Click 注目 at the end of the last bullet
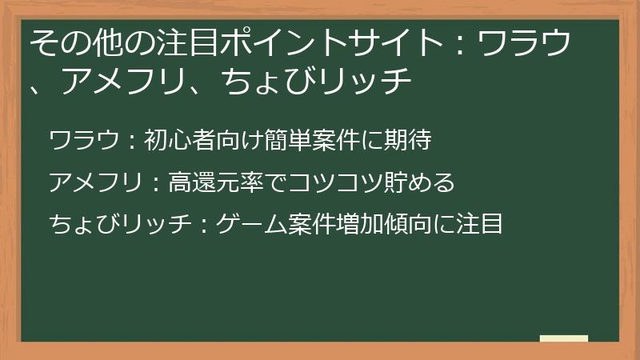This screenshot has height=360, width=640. point(479,224)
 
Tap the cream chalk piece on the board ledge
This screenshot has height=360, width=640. point(564,338)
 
